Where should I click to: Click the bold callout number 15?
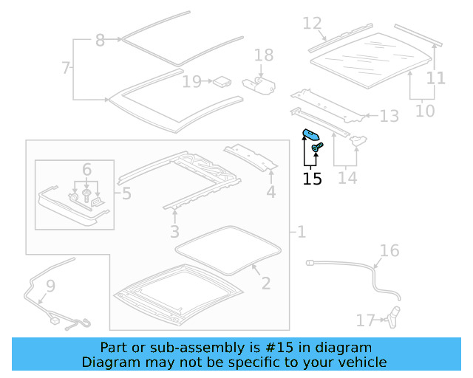313,178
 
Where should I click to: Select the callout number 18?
264,55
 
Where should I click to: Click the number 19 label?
191,81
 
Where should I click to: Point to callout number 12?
313,24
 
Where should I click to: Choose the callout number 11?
436,78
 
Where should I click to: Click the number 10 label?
425,111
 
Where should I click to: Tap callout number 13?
389,116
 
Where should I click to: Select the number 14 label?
347,177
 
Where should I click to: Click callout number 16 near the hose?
389,251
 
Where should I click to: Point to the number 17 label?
366,320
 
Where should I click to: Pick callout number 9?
50,285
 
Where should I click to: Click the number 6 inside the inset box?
86,170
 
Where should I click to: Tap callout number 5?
126,194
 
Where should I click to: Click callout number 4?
271,193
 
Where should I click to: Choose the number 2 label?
265,283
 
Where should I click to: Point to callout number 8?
101,41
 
